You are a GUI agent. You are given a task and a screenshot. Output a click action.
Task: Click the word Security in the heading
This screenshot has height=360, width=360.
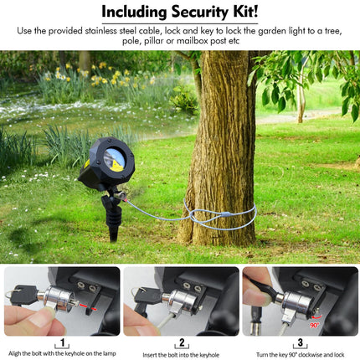coord(199,12)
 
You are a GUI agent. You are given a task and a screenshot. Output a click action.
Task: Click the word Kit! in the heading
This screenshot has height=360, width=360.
coord(245,11)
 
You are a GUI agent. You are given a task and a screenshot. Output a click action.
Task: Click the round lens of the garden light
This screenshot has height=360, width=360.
coord(115,158)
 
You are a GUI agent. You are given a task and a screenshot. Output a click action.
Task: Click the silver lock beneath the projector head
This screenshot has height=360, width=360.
coord(119,195)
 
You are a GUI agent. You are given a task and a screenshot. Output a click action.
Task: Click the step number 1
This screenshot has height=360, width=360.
coord(62,342)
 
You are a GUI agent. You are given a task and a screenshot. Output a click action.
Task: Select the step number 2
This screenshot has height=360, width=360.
coord(182,342)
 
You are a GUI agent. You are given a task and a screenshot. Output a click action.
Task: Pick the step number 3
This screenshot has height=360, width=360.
coord(301,342)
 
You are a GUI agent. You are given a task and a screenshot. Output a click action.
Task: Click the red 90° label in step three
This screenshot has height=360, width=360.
coord(315,325)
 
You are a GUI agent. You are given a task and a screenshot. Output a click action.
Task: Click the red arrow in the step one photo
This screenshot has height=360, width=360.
coord(87,306)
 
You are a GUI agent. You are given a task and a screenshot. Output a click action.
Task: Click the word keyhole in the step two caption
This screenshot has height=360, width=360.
coord(209,355)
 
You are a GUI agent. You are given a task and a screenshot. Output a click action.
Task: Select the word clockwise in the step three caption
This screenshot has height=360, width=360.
coord(310,355)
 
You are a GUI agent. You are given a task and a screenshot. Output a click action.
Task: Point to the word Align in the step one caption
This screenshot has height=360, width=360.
coord(13,353)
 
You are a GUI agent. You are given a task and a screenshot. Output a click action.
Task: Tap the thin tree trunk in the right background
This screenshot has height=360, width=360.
coord(301,95)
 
